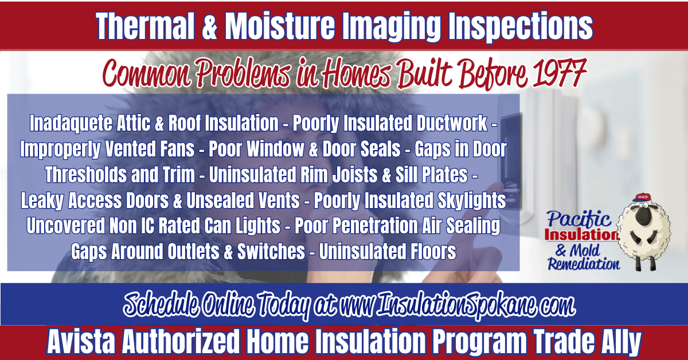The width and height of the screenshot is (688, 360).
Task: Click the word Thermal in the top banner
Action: (145, 26)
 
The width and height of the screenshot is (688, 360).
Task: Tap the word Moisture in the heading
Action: (280, 26)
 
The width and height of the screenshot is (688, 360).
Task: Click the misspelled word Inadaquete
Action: (71, 123)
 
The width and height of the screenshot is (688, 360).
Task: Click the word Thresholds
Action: (85, 175)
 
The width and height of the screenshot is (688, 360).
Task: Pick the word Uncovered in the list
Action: (66, 226)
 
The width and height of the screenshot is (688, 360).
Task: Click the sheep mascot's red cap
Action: (642, 198)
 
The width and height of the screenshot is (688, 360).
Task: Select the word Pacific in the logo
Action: (578, 219)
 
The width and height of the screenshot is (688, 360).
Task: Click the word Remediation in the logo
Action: (584, 264)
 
